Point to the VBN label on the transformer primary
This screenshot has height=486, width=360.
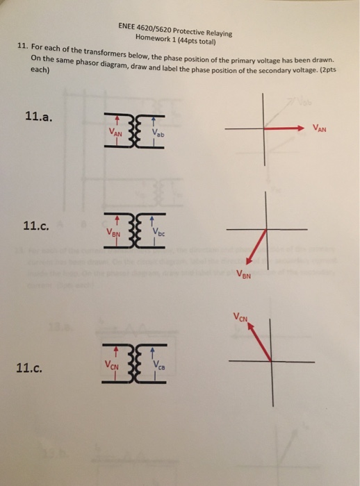coord(115,235)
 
